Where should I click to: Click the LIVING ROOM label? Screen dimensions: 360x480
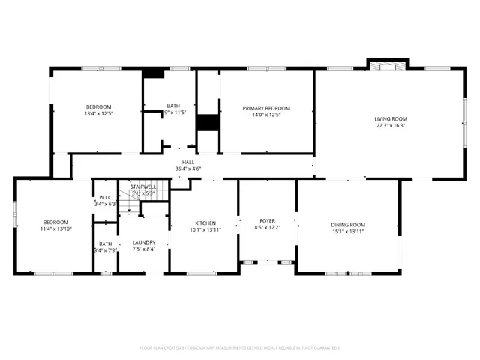[x=391, y=119]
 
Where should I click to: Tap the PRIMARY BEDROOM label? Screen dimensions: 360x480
[x=266, y=108]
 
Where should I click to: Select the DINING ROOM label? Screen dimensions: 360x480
[x=348, y=225]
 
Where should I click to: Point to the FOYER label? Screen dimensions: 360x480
[x=268, y=220]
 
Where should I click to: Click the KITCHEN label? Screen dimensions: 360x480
[x=206, y=223]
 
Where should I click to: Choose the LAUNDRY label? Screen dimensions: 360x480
[x=143, y=242]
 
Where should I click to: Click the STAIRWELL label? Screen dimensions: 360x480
[x=142, y=187]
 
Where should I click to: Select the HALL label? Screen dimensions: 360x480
[x=188, y=162]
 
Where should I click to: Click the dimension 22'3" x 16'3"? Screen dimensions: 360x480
[x=391, y=126]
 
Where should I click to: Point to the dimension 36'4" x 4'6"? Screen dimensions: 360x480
[x=188, y=169]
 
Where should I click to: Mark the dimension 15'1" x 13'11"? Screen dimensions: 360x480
[x=348, y=232]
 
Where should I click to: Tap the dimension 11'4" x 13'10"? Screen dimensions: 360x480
[x=55, y=229]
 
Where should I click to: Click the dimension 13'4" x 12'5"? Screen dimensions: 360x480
[x=98, y=113]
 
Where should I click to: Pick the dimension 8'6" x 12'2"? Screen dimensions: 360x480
[x=268, y=227]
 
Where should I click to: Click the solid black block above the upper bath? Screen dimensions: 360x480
[x=154, y=73]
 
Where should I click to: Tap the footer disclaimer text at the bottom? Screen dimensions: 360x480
[x=240, y=348]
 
